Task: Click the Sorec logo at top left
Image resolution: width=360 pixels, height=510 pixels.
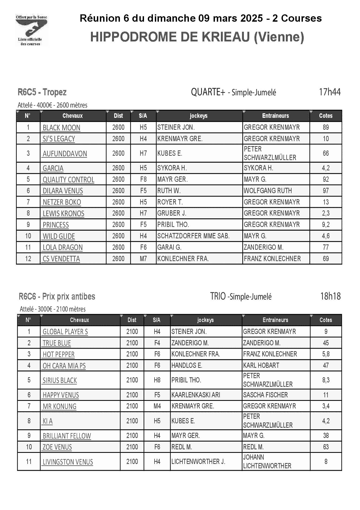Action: click(x=32, y=30)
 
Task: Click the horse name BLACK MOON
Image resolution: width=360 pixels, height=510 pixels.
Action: click(x=61, y=128)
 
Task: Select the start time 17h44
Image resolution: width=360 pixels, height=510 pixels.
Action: click(x=329, y=92)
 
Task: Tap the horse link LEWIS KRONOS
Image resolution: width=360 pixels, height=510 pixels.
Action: click(x=63, y=213)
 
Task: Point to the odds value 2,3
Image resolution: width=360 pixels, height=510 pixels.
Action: click(x=326, y=213)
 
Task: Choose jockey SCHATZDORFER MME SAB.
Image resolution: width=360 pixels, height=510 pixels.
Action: click(x=193, y=236)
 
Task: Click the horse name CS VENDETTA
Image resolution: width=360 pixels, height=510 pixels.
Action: click(x=61, y=259)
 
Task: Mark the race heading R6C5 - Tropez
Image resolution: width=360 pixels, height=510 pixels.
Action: click(x=42, y=92)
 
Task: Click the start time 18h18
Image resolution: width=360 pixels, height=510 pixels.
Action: click(x=330, y=296)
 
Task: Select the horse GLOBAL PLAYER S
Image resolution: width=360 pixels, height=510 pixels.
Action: click(x=65, y=332)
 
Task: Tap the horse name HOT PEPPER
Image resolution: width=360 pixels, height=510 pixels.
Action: click(x=58, y=354)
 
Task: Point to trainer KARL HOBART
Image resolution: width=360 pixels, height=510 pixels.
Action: click(x=261, y=365)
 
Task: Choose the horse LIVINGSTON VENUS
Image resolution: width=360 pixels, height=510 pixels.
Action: click(x=68, y=462)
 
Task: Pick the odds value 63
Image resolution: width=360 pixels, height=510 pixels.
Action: click(x=326, y=447)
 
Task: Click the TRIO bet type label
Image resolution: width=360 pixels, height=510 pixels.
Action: click(x=218, y=296)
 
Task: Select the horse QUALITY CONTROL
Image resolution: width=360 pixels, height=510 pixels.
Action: click(x=68, y=180)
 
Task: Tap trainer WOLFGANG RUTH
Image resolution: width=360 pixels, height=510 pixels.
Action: click(x=268, y=191)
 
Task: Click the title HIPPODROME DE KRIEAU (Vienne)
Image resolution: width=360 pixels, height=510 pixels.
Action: click(x=197, y=37)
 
